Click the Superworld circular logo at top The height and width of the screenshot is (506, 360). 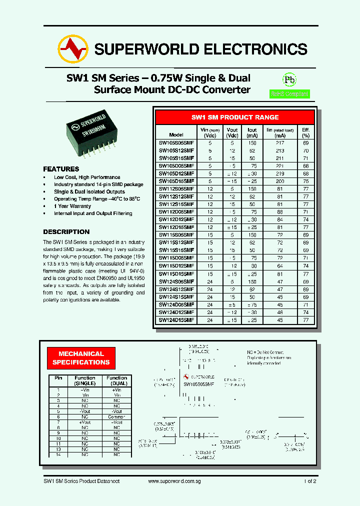click(73, 48)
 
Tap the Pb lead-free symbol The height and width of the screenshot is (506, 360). click(289, 80)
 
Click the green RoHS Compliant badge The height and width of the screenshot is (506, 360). click(289, 93)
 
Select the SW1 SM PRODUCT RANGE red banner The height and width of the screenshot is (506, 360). click(235, 117)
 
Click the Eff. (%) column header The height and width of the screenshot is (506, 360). click(305, 132)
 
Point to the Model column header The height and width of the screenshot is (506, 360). click(176, 135)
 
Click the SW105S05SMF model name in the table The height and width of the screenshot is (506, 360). click(176, 142)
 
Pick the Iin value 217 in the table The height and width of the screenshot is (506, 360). click(280, 142)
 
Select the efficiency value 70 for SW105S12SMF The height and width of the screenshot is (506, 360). click(305, 150)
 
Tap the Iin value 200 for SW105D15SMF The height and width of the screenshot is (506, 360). click(280, 180)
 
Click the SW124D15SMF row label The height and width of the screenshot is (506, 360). click(176, 319)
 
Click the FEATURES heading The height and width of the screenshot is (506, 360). click(61, 169)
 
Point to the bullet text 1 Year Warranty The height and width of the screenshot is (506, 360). click(72, 206)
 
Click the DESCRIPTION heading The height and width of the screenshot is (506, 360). click(66, 232)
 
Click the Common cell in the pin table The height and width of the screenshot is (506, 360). click(116, 416)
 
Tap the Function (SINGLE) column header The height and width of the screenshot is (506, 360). click(85, 380)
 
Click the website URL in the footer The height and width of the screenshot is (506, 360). click(175, 481)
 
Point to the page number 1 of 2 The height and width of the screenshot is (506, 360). click(309, 481)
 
